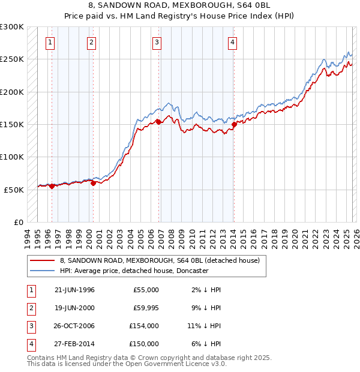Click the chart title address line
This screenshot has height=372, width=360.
(x=179, y=7)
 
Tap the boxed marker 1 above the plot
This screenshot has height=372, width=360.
(x=50, y=42)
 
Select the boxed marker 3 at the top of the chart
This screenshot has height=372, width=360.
(x=157, y=42)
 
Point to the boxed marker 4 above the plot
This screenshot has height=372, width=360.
(x=232, y=42)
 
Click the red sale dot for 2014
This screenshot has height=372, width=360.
(x=234, y=124)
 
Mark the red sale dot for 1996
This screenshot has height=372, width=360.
(x=52, y=186)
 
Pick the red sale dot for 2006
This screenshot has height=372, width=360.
(x=158, y=122)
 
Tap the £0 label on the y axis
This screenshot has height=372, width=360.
(x=18, y=222)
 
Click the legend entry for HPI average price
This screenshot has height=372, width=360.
(x=134, y=271)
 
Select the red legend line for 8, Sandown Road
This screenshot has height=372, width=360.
(x=42, y=261)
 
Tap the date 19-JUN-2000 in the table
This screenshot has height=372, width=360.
(x=74, y=308)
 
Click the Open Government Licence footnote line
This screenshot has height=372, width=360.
(x=127, y=364)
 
